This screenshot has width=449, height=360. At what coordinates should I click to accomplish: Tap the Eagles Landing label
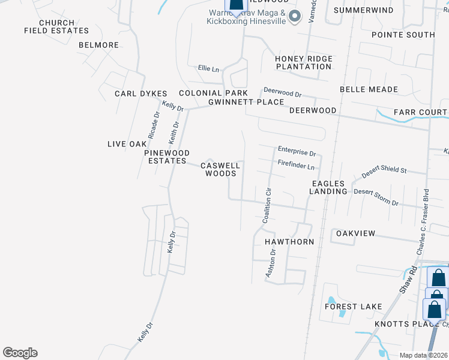tap(328, 187)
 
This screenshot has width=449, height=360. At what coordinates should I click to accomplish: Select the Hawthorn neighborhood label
tap(289, 242)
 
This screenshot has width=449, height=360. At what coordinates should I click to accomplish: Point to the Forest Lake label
tap(354, 307)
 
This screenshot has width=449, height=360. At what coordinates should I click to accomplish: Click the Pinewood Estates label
tap(167, 157)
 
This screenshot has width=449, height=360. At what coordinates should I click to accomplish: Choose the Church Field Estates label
tap(56, 27)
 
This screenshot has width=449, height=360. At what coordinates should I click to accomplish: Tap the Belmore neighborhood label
tap(98, 45)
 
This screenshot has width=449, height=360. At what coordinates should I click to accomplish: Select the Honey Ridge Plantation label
tap(303, 62)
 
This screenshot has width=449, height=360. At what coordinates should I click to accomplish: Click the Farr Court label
tap(420, 112)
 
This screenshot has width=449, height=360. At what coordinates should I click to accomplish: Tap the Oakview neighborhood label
tap(355, 233)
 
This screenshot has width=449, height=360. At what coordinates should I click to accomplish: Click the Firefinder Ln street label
tap(296, 164)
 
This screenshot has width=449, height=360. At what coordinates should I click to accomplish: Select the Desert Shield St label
tap(384, 171)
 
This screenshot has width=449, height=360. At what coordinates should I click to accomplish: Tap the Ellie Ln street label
tap(208, 69)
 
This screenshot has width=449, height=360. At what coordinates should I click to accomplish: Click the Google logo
tap(20, 353)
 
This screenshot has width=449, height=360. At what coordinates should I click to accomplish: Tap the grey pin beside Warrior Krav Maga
tap(294, 17)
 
